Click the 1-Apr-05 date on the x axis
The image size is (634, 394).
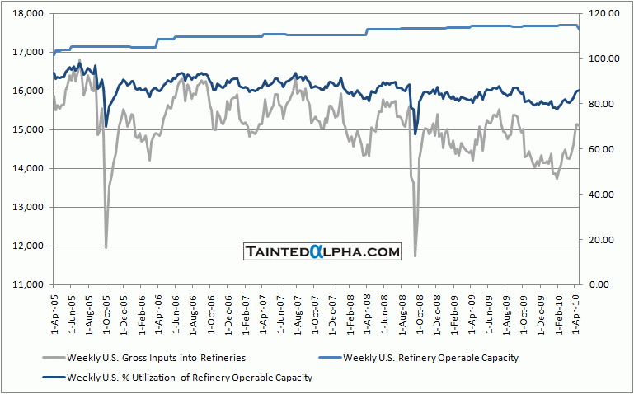tap(54, 314)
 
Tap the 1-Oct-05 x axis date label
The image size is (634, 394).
tap(106, 314)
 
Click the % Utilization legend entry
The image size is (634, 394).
tap(177, 377)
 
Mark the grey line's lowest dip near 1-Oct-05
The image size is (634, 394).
tap(106, 246)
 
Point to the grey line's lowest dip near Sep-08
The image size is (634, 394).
tap(415, 256)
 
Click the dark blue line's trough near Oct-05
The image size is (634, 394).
tap(106, 126)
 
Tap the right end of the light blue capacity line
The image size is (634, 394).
tap(579, 29)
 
